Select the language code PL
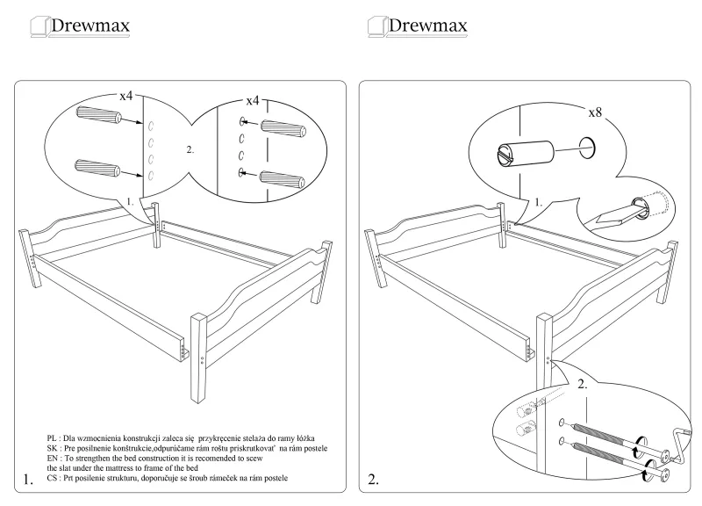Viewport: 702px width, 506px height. click(54, 437)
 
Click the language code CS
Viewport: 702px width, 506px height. click(54, 477)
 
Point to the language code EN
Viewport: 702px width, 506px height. click(54, 457)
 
